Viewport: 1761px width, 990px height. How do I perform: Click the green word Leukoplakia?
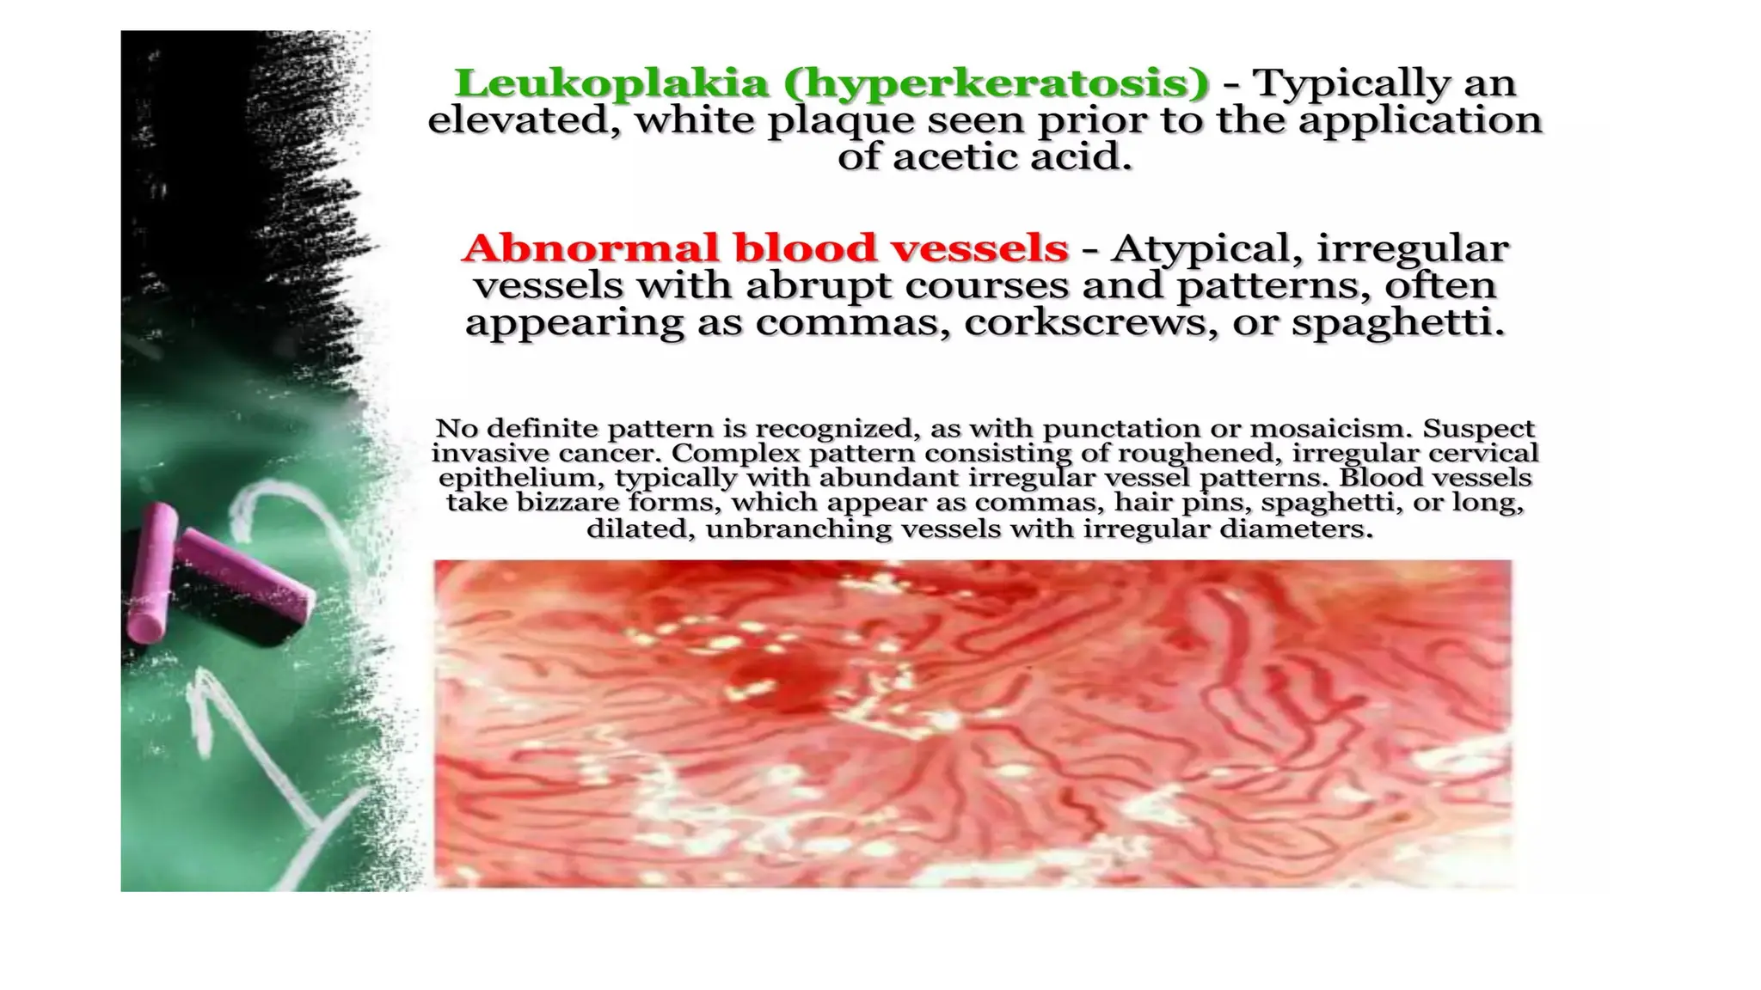click(x=611, y=83)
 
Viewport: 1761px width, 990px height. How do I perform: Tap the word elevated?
click(x=524, y=120)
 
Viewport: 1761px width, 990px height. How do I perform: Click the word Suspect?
click(x=1478, y=428)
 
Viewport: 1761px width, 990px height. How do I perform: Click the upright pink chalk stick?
click(x=152, y=572)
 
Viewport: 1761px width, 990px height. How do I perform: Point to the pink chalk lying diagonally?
click(x=245, y=576)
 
